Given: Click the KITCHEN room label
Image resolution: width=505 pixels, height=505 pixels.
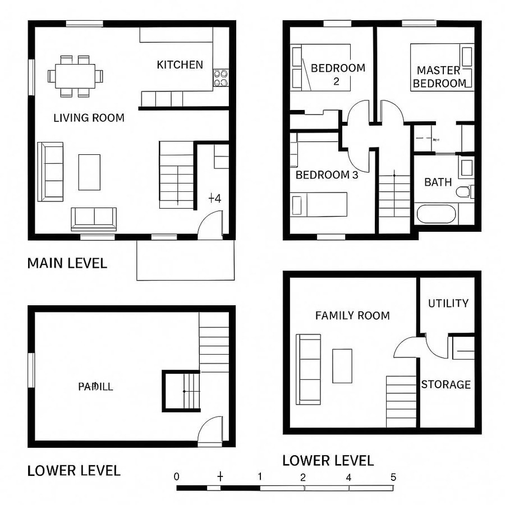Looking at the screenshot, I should point(180,65).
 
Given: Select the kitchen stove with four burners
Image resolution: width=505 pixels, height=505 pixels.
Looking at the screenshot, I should point(221,78).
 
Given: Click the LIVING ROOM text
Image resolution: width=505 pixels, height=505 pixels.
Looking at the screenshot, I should point(89,118).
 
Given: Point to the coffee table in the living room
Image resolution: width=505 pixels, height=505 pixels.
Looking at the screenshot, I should point(89,172).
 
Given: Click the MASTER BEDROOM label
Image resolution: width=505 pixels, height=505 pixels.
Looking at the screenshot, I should point(439,77).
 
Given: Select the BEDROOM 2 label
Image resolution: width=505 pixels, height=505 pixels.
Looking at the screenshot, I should point(337,74).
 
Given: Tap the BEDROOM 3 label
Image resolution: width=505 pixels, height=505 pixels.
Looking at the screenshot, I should point(327,175).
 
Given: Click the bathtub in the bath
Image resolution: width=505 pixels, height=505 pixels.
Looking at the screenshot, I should point(437,214).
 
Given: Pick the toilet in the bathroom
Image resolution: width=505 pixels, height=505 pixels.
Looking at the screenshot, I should point(463,192).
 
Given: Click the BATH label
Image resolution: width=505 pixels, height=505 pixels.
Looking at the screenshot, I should point(438,182).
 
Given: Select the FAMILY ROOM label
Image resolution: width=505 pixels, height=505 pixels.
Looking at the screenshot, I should point(352,316).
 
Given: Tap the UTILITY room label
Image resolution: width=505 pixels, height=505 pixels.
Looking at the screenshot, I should point(448,304).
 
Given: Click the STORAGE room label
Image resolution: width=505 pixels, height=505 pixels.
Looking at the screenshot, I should point(446,385).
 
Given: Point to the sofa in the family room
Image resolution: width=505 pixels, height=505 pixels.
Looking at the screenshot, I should point(309,369).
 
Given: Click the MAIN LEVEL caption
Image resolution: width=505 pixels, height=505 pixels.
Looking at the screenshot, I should point(67,263).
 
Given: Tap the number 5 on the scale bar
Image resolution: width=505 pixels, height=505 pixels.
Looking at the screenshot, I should point(393,478).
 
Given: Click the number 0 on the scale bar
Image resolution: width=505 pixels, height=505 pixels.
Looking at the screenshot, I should point(177,478).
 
